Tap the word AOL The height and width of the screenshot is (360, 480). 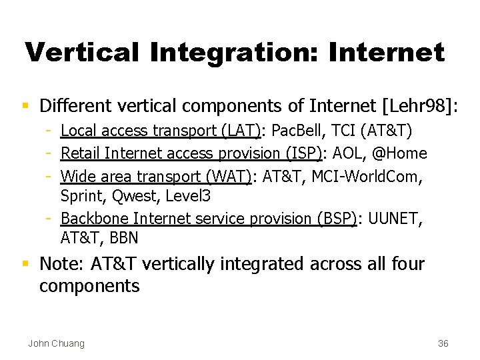pyautogui.click(x=347, y=153)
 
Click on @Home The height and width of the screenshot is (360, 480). pyautogui.click(x=399, y=153)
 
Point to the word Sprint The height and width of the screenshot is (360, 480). pyautogui.click(x=80, y=196)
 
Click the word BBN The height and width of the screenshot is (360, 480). pyautogui.click(x=123, y=238)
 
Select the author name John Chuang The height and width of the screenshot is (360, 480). pyautogui.click(x=56, y=343)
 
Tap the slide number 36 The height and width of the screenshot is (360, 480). pyautogui.click(x=443, y=343)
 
